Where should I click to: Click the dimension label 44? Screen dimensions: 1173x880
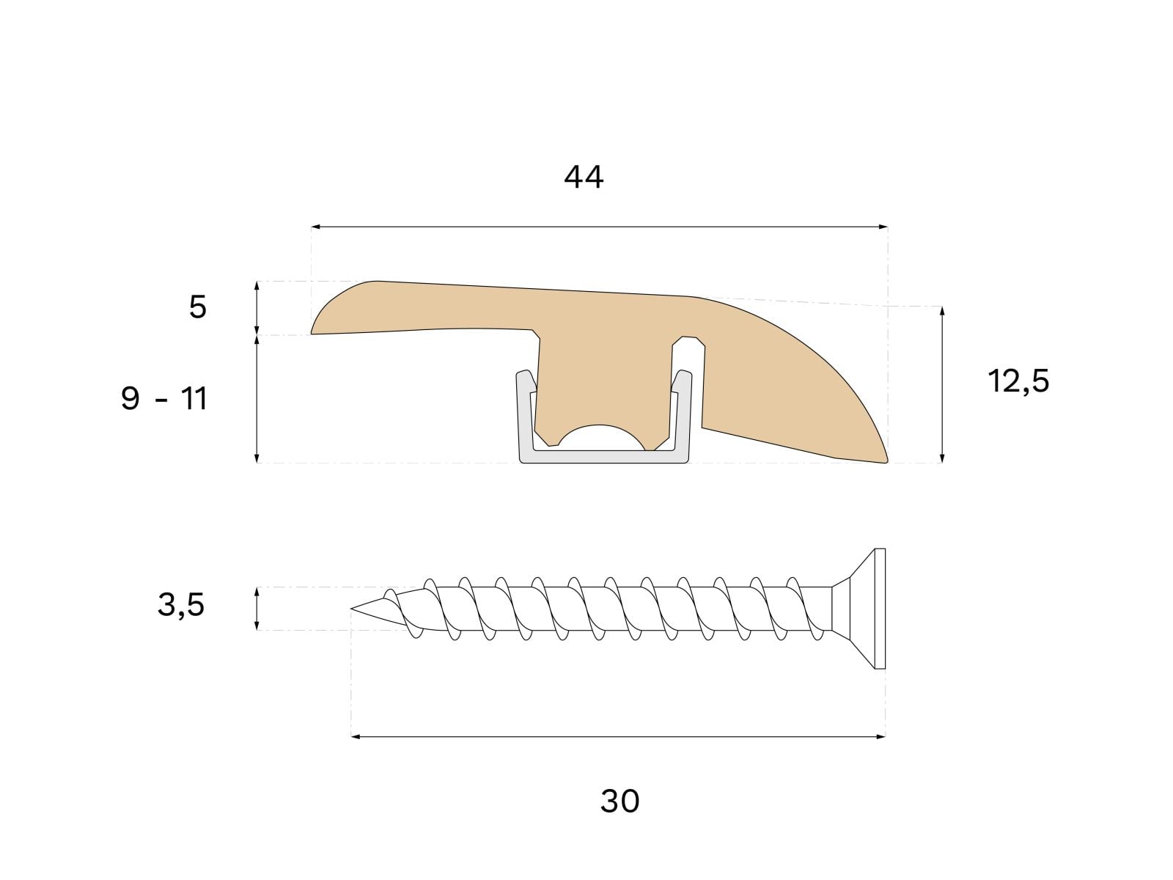pos(584,177)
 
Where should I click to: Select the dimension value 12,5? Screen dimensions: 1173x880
pos(1018,381)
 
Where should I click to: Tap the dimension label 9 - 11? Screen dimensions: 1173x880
pos(164,399)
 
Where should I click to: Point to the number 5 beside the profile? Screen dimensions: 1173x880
pos(198,307)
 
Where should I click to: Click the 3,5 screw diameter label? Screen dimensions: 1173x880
pos(181,606)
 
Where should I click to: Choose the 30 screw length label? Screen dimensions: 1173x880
pos(620,801)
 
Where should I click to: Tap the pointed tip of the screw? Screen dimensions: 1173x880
pos(352,608)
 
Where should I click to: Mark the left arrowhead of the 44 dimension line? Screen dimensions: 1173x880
pos(315,227)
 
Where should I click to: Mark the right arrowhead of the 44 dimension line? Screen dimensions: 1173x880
pos(884,227)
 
